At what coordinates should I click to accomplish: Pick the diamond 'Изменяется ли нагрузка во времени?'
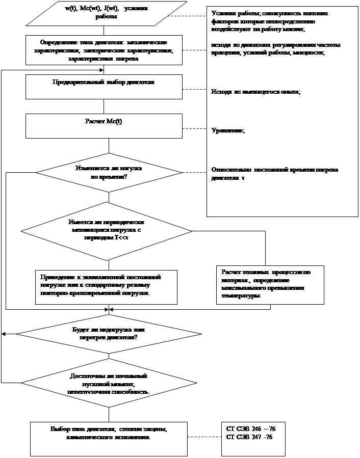[x=109, y=172]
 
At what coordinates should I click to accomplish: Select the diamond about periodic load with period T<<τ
[x=106, y=231]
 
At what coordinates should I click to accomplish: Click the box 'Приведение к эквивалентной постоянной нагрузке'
[x=106, y=287]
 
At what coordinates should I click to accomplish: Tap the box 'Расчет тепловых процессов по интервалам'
[x=270, y=285]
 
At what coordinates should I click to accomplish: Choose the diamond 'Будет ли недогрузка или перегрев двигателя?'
[x=109, y=334]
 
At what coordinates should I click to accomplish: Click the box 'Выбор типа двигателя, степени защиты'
[x=109, y=438]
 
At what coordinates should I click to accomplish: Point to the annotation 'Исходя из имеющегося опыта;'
[x=255, y=92]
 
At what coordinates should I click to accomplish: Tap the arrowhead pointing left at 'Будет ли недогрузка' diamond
[x=4, y=334]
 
